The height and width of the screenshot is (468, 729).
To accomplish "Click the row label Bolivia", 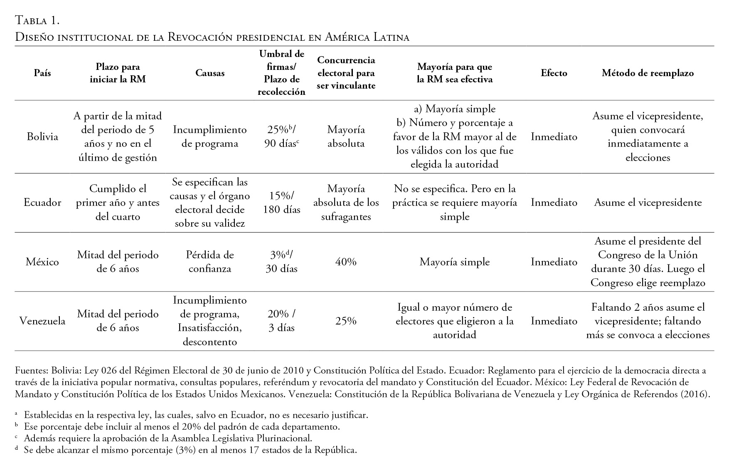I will pyautogui.click(x=42, y=137).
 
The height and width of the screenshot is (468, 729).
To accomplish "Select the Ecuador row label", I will pyautogui.click(x=42, y=203).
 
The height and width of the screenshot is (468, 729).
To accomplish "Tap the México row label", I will pyautogui.click(x=42, y=262).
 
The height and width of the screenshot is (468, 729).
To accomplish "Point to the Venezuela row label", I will pyautogui.click(x=42, y=321).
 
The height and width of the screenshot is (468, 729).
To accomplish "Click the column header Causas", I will pyautogui.click(x=210, y=73).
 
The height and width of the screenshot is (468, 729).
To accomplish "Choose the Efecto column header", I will pyautogui.click(x=554, y=73).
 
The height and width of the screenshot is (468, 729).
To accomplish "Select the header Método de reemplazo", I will pyautogui.click(x=648, y=73).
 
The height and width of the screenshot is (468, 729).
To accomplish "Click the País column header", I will pyautogui.click(x=42, y=73).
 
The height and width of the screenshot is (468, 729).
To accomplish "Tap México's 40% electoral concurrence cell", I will pyautogui.click(x=346, y=262).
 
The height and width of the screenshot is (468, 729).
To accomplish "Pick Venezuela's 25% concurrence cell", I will pyautogui.click(x=346, y=321).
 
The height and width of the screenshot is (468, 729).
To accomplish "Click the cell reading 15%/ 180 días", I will pyautogui.click(x=281, y=203).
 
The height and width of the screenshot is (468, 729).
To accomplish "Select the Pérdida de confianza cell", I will pyautogui.click(x=210, y=262).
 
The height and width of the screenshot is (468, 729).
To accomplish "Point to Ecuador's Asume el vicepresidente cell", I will pyautogui.click(x=648, y=203).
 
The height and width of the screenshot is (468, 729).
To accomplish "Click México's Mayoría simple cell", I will pyautogui.click(x=454, y=262).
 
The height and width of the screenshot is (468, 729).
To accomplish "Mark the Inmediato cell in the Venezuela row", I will pyautogui.click(x=554, y=321).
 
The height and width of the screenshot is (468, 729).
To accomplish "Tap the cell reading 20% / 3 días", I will pyautogui.click(x=281, y=321).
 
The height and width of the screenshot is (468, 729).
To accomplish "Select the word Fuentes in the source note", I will pyautogui.click(x=30, y=371).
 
